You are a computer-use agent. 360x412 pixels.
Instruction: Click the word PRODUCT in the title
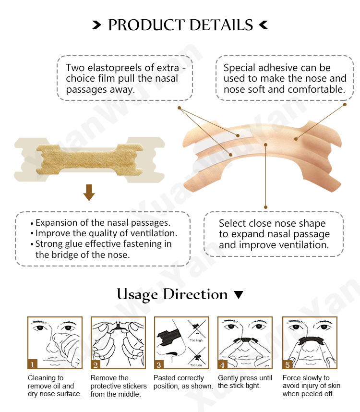pos(146,25)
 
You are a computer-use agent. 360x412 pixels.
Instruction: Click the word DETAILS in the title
pos(221,25)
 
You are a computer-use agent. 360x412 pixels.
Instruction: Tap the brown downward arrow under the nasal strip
pos(89,193)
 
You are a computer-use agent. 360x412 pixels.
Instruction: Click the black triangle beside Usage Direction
pos(239,295)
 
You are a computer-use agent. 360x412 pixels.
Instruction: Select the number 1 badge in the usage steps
pos(32,364)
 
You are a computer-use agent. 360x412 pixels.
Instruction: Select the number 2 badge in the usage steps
pos(96,364)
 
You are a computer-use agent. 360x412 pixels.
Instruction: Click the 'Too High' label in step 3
pos(196,340)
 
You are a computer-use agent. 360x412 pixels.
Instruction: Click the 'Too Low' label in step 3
pos(196,365)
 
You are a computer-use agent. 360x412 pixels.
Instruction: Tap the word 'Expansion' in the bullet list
pos(57,223)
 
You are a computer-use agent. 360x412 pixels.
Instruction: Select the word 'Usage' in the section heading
pos(137,294)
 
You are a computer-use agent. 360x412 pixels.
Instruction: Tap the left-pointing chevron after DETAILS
pos(264,25)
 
